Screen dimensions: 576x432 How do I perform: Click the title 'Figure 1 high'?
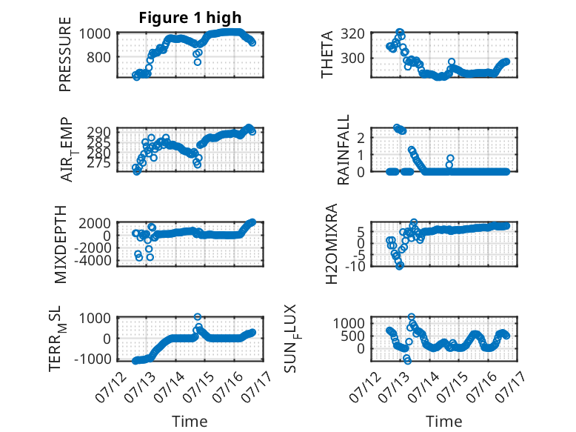click(190, 18)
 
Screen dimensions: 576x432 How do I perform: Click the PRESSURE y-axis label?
click(64, 54)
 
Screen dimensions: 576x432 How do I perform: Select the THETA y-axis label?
click(326, 54)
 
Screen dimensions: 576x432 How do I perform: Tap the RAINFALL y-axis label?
click(343, 150)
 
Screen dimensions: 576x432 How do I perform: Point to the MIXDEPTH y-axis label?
click(61, 245)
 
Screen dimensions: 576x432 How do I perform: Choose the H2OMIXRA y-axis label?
click(332, 244)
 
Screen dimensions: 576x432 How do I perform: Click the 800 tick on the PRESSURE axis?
click(98, 57)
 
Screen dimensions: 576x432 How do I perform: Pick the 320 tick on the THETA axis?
click(352, 34)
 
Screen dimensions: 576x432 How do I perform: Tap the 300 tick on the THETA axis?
click(352, 58)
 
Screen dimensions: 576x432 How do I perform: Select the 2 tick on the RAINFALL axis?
click(361, 138)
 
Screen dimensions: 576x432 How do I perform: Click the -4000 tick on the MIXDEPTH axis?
click(93, 260)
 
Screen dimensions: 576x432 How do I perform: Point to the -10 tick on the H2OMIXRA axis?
click(355, 266)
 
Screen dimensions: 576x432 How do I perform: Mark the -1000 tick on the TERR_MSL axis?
click(93, 359)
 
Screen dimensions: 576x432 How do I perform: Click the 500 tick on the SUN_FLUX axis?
click(352, 336)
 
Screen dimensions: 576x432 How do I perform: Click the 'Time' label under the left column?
click(190, 422)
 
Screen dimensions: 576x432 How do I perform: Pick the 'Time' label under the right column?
click(443, 422)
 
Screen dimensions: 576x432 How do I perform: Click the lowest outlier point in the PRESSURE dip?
click(198, 62)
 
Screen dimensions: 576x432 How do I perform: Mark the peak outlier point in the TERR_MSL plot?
click(198, 317)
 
